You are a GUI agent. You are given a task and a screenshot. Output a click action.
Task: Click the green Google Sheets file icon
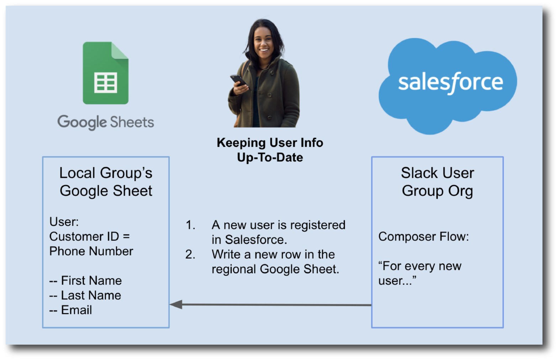point(106,73)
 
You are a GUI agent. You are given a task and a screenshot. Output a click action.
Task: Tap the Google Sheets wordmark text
point(106,122)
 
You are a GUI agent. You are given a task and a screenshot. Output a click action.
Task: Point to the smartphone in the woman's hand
point(238,80)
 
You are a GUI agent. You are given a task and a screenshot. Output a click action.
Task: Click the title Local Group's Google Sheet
point(106,182)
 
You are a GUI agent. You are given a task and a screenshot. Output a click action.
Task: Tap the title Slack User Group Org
point(437,182)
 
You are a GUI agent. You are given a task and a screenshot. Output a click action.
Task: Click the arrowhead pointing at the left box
point(176,305)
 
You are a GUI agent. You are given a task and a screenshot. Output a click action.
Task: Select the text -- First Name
point(86,281)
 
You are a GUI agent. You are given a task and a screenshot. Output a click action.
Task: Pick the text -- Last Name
point(85,295)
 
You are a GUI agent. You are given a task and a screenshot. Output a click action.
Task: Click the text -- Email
point(71,310)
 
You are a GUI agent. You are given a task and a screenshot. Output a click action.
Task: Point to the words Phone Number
point(91,251)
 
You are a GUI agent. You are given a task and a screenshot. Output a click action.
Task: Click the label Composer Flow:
point(423,237)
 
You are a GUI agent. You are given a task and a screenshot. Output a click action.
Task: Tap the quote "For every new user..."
point(420,273)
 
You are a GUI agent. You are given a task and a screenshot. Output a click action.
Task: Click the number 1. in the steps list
point(190,225)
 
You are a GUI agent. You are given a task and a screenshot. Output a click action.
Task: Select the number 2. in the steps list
point(190,255)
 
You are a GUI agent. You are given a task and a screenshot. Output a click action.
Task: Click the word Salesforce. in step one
point(256,240)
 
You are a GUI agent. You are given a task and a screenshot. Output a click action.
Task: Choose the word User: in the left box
point(64,222)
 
